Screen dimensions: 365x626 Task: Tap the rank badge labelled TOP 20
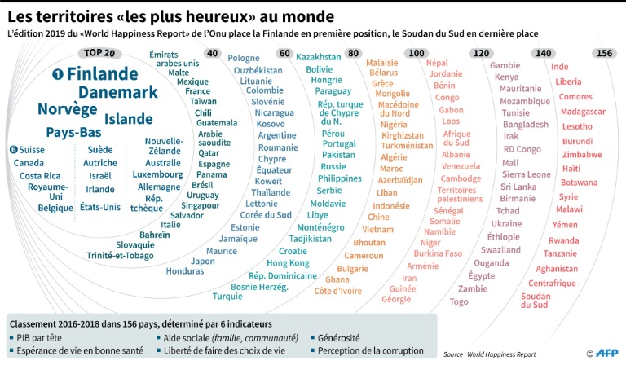click(99, 54)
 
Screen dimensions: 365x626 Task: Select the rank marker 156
click(605, 54)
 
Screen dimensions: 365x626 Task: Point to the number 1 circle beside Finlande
click(58, 74)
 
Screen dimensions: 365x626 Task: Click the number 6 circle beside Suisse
click(14, 150)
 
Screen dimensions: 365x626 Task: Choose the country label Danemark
click(118, 92)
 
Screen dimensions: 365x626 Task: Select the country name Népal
click(437, 63)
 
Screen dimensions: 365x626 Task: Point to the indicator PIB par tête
click(42, 337)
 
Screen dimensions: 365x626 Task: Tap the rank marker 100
click(417, 54)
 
